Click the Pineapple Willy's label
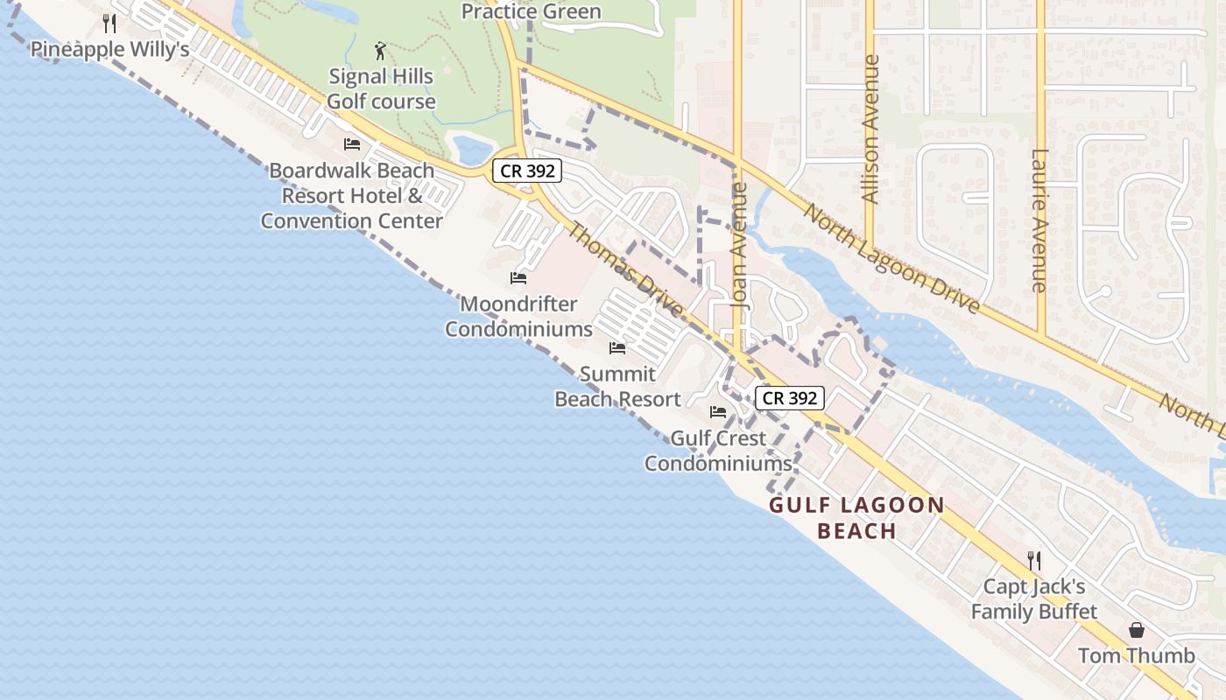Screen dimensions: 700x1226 110,49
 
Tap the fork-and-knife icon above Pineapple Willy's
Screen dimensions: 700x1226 109,23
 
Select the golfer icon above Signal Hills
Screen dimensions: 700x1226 380,51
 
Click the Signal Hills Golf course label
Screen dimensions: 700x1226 381,89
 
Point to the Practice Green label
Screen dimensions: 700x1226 531,11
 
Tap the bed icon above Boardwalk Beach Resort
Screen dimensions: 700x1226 352,144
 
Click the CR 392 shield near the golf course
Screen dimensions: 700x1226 526,171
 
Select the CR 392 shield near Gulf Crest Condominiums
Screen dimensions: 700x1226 789,398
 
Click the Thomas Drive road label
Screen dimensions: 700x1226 625,270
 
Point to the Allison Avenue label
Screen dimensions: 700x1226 870,129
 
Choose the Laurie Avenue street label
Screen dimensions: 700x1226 1039,220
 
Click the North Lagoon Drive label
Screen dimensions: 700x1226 891,259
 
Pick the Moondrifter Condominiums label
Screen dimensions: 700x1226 519,317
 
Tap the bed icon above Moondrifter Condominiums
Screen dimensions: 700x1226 518,278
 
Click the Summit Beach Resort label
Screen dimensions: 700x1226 617,387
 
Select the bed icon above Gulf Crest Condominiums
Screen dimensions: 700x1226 718,411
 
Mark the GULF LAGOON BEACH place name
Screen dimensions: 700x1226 856,518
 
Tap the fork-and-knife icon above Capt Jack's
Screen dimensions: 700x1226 1034,560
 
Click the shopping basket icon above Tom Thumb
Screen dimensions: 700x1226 1136,630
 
